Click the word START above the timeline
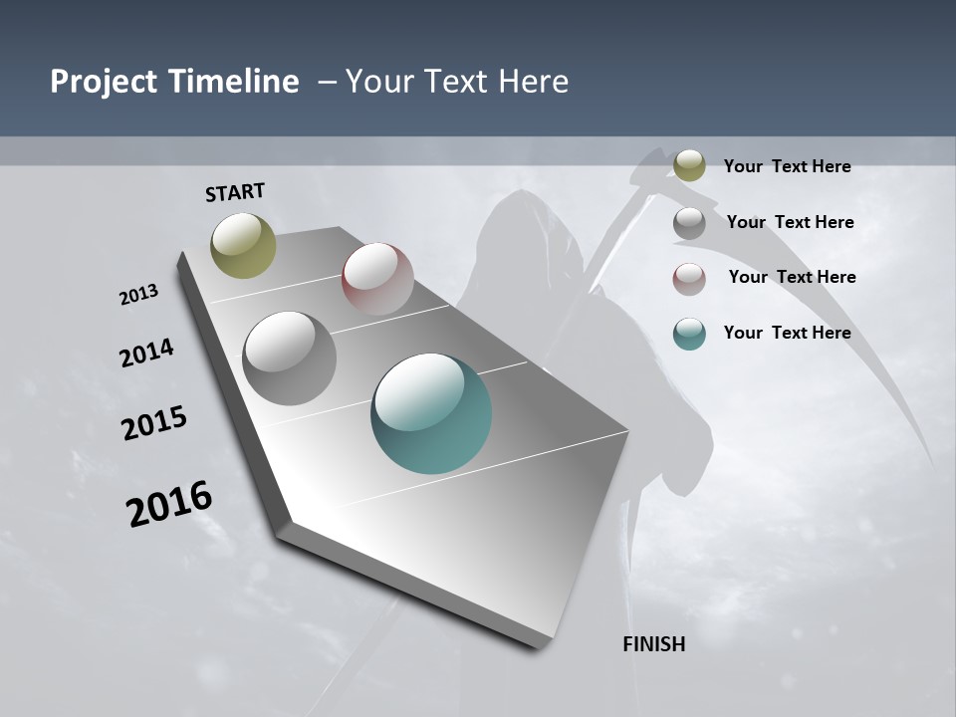[235, 192]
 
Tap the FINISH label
[654, 644]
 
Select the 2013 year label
[138, 294]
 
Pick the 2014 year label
[146, 353]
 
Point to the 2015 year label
[154, 423]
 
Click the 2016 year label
[169, 504]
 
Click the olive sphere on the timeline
[243, 245]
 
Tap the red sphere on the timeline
[377, 279]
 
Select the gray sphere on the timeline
[289, 358]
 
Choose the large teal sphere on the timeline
[431, 413]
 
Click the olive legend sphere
[689, 165]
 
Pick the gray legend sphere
[689, 223]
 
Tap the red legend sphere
[689, 279]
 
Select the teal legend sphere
[689, 334]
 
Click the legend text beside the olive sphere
[787, 166]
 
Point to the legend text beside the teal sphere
[787, 333]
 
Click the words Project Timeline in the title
[174, 82]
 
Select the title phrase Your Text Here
[457, 82]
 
